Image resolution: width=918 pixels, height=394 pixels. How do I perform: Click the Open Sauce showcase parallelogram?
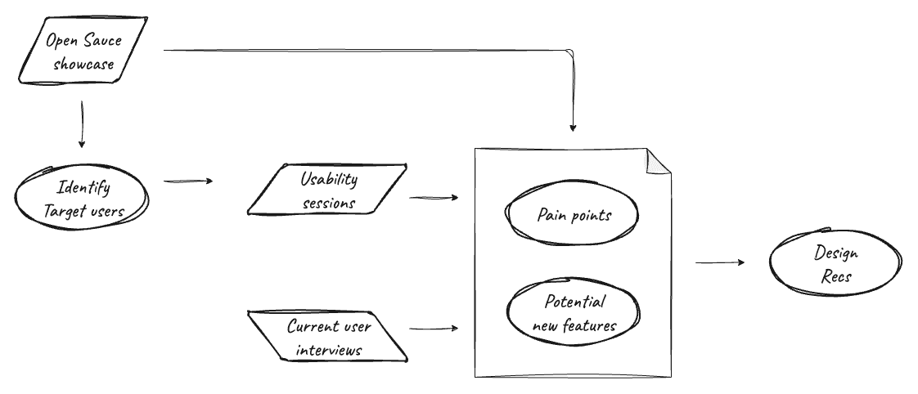pos(82,51)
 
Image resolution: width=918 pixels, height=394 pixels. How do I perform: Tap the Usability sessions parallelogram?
pos(328,190)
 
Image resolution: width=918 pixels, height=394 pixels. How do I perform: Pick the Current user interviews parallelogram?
pos(328,337)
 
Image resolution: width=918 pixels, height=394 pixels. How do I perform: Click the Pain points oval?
pos(574,215)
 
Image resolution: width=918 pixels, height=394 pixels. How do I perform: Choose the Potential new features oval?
pos(574,314)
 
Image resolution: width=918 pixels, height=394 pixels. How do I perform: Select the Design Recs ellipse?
pos(835,264)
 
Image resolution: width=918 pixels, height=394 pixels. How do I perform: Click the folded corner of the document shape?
pos(656,162)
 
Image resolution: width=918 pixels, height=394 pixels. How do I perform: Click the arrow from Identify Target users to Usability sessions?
pos(188,181)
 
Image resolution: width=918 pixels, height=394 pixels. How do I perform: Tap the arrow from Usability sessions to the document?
pos(433,198)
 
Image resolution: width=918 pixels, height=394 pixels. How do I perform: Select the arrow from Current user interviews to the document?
pos(433,329)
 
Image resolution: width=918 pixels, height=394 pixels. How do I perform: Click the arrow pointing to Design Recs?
pos(720,262)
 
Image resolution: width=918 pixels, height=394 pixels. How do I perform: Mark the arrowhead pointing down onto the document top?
pos(573,127)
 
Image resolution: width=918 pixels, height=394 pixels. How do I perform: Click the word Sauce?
pos(101,39)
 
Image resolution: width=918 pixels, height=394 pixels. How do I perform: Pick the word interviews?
pos(329,350)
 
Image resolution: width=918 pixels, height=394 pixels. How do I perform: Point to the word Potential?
pos(575,302)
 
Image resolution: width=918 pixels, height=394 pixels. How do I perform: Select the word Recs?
pos(836,277)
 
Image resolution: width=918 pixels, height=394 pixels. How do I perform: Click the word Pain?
pos(552,215)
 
